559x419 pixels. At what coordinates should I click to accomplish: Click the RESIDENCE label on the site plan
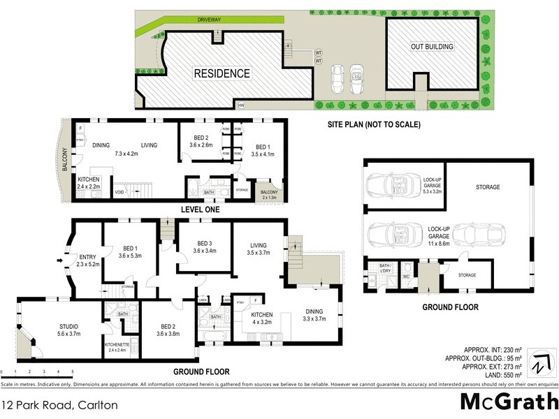221,73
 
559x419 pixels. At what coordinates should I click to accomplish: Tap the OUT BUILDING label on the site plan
431,47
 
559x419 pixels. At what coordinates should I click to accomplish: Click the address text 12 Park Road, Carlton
59,404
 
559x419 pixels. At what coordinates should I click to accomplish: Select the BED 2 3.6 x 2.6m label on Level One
201,141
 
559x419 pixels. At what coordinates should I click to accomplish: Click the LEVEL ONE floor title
199,209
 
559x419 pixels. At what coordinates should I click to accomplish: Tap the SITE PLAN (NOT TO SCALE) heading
374,125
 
